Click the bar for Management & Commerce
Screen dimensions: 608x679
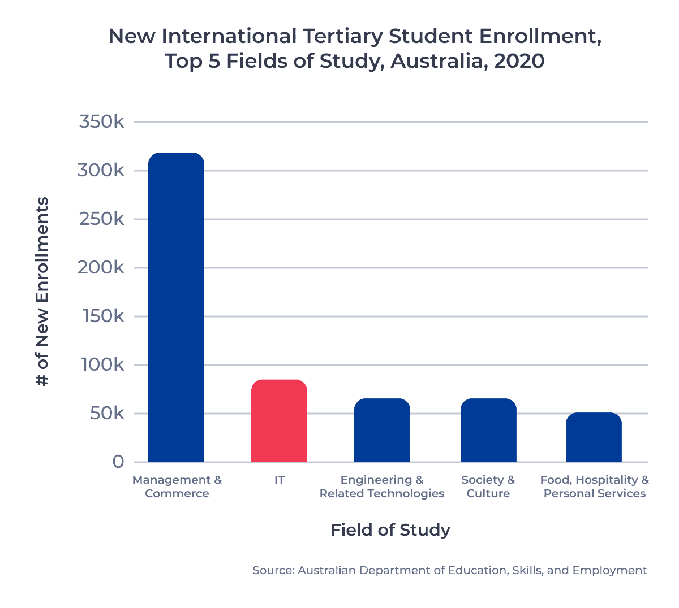tap(176, 307)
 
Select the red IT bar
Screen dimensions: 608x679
tap(279, 421)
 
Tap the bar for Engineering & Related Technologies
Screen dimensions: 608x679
tap(382, 430)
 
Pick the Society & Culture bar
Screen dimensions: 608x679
tap(488, 430)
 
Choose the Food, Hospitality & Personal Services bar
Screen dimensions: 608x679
tap(594, 437)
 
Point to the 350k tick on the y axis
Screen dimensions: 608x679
tap(101, 121)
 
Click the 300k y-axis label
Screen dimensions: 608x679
tap(101, 170)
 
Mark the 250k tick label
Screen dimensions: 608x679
tap(101, 219)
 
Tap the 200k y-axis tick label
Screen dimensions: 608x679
tap(101, 267)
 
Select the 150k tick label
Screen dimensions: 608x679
tap(102, 316)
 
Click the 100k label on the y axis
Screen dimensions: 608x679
tap(102, 364)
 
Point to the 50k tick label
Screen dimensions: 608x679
tap(107, 413)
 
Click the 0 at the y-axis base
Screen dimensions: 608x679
tap(118, 462)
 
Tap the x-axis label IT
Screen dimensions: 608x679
tap(279, 480)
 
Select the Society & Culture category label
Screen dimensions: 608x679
tap(488, 487)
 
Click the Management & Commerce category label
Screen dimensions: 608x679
tap(177, 487)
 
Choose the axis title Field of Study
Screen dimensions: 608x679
tap(390, 530)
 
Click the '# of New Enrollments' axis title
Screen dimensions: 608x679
tap(42, 292)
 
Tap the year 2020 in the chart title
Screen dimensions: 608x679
tap(519, 61)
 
